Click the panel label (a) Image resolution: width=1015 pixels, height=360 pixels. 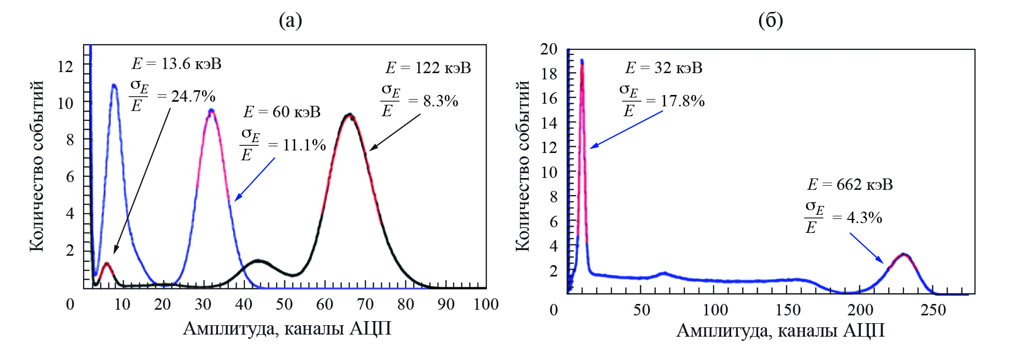[290, 20]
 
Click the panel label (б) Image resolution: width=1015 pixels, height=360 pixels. [770, 20]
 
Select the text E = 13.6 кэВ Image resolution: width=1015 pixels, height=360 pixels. [176, 64]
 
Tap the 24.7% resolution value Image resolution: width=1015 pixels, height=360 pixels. [193, 96]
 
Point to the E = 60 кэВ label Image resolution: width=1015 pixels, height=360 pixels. [282, 112]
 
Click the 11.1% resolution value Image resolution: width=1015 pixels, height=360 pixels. [304, 145]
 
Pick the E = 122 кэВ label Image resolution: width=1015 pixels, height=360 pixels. [428, 68]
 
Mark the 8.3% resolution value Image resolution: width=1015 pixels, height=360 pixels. [441, 101]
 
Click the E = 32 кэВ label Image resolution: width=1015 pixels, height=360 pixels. [664, 68]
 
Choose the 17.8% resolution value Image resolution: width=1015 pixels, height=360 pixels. [682, 101]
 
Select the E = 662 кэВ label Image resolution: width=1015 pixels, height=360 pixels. [850, 185]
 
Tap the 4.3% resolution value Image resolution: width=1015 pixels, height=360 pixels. [864, 218]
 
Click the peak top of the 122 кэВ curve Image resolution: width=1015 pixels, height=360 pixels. [350, 115]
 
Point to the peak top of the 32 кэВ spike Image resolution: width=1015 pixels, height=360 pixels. [582, 61]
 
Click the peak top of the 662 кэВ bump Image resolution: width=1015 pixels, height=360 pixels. [903, 255]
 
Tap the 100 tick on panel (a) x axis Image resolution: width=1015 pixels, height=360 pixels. [486, 304]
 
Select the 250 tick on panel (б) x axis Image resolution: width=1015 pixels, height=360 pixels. [933, 310]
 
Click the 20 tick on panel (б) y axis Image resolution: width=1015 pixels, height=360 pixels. [548, 49]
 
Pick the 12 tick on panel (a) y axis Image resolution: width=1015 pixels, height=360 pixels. [65, 66]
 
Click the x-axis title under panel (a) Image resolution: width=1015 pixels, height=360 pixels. [287, 329]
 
